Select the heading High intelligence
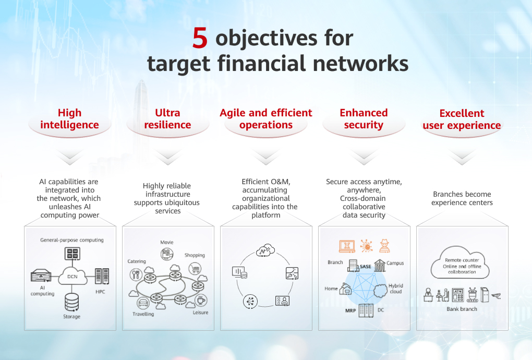click(69, 119)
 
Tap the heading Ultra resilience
click(167, 119)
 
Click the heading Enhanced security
click(364, 119)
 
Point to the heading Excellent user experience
click(462, 119)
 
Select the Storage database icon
click(72, 302)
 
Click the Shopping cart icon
click(195, 269)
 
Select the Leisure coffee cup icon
click(200, 301)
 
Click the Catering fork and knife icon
click(136, 274)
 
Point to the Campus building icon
click(380, 265)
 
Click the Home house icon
click(345, 289)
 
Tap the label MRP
click(350, 310)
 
